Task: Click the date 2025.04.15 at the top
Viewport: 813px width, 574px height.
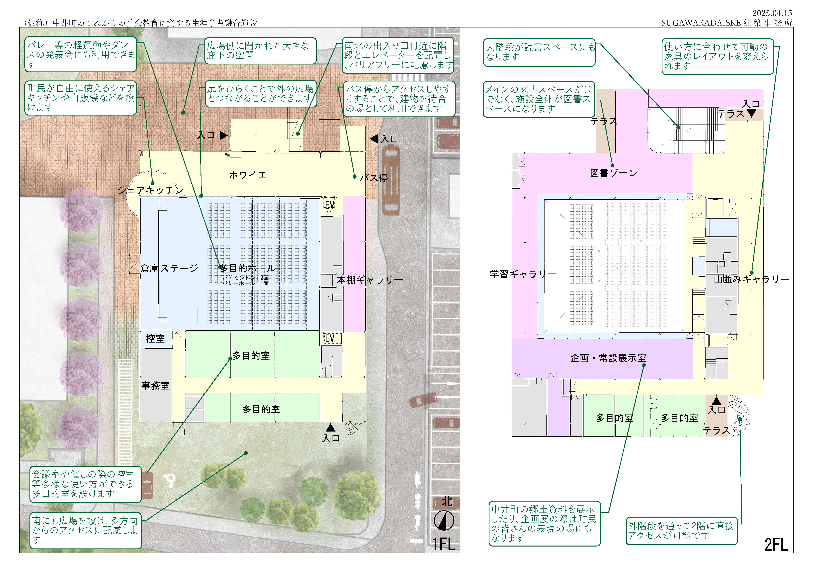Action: pyautogui.click(x=772, y=13)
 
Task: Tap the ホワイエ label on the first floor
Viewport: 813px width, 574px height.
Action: pyautogui.click(x=248, y=175)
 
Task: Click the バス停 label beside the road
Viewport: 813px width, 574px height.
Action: pyautogui.click(x=374, y=178)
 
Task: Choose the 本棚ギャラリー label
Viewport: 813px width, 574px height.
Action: pyautogui.click(x=370, y=280)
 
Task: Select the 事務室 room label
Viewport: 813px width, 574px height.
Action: pyautogui.click(x=155, y=386)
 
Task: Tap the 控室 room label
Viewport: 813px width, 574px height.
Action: pyautogui.click(x=155, y=339)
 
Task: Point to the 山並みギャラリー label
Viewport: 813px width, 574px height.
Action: pyautogui.click(x=751, y=279)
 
